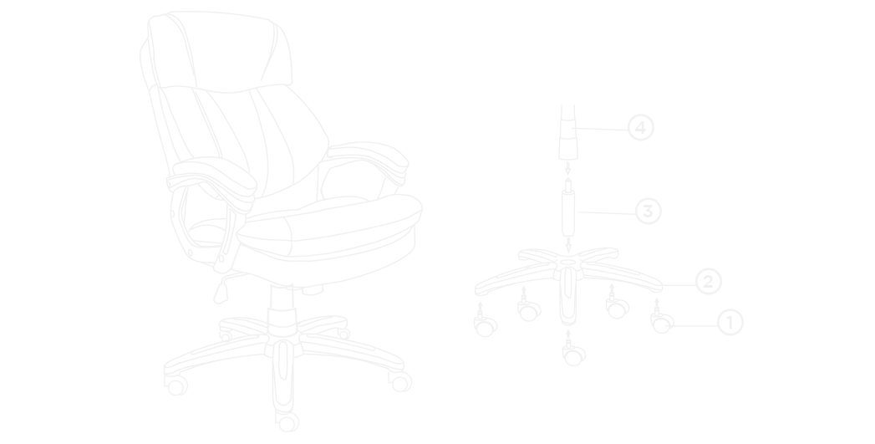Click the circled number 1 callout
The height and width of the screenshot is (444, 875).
pos(730,322)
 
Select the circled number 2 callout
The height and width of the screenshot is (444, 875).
pos(708,282)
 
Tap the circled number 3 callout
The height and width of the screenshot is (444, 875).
pos(648,211)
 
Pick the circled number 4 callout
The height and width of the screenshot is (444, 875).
pos(641,128)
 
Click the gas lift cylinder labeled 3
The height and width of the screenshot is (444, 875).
pos(568,208)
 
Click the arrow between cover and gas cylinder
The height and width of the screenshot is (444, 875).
pos(568,168)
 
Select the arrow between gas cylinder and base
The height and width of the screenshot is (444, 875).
pos(568,245)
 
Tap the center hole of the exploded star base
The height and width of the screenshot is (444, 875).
pos(568,262)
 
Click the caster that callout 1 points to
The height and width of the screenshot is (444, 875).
pos(662,322)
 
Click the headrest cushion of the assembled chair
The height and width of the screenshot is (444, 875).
pos(221,50)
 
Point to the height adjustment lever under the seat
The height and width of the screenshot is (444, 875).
pos(221,290)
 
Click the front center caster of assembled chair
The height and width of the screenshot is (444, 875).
pos(287,421)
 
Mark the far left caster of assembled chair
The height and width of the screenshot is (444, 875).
pos(176,385)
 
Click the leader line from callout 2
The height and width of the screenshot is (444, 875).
pos(679,285)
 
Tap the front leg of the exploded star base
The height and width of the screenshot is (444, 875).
pos(568,296)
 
